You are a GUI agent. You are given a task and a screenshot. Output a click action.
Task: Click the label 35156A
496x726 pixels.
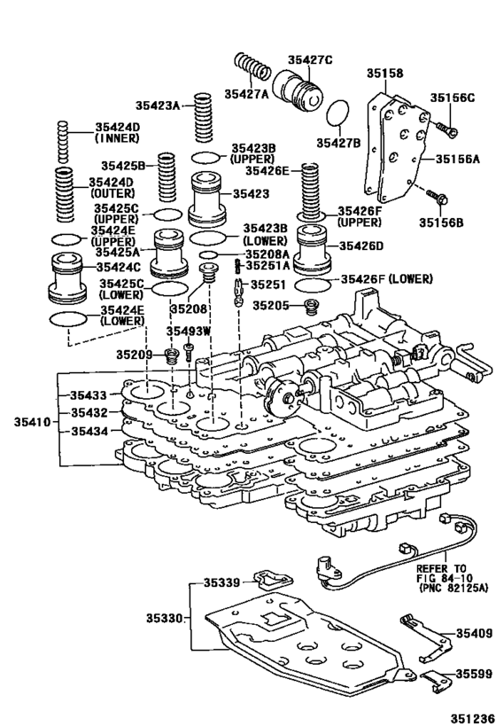point(458,160)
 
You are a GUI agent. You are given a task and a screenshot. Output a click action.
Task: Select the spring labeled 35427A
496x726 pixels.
point(253,69)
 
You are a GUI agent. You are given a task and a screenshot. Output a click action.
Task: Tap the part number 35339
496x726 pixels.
point(221,582)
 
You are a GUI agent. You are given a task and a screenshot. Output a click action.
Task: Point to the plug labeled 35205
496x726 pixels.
point(311,307)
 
